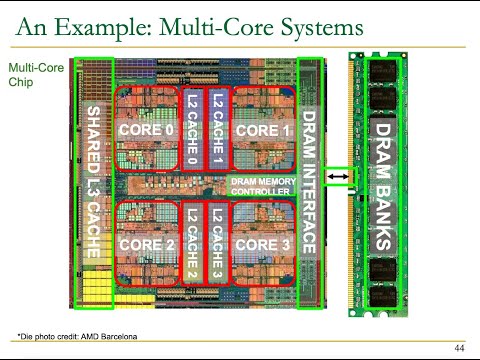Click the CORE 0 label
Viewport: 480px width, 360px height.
click(146, 130)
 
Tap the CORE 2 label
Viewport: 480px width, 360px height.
click(146, 244)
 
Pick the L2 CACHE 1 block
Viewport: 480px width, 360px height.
click(217, 128)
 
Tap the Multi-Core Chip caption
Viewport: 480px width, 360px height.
click(29, 77)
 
